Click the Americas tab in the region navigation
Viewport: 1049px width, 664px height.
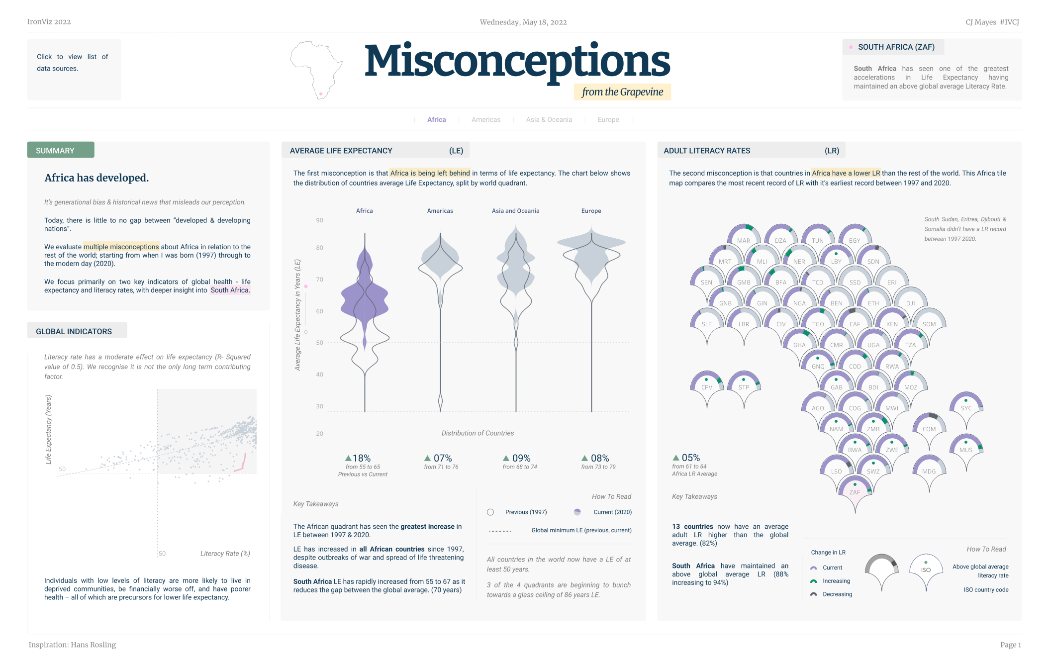point(486,120)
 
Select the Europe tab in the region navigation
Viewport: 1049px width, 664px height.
point(608,120)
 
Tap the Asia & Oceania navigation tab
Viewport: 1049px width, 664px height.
point(549,120)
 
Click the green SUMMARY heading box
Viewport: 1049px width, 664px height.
point(61,150)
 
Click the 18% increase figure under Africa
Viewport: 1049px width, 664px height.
point(358,458)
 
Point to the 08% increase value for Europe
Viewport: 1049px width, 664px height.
point(596,458)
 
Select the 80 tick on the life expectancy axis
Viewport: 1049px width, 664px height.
point(319,248)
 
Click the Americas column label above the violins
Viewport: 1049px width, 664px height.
point(440,211)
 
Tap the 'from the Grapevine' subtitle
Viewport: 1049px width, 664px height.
point(622,92)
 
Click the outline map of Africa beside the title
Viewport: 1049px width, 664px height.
point(316,70)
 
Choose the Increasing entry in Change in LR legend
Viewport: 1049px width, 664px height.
point(836,581)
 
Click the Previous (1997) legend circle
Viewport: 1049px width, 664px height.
point(490,512)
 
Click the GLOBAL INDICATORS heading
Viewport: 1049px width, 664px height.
point(74,331)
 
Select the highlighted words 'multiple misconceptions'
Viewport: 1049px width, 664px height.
point(121,247)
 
